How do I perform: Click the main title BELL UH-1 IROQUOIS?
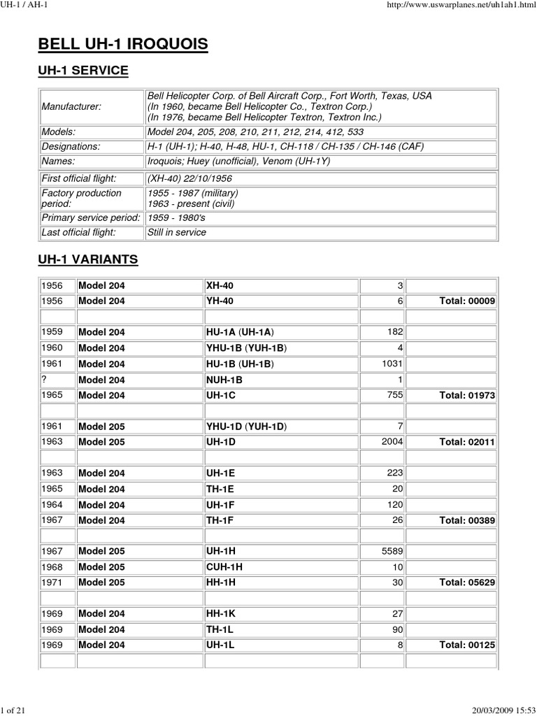coord(123,45)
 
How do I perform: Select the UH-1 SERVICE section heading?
coord(83,71)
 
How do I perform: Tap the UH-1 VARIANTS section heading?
coord(87,260)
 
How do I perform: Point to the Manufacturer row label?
coord(71,106)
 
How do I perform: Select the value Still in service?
coord(176,232)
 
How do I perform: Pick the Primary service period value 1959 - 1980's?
coord(176,218)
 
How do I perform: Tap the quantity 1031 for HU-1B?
coord(391,364)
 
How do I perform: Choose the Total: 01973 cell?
coord(466,395)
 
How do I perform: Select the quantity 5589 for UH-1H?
coord(391,551)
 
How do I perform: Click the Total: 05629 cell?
coord(466,582)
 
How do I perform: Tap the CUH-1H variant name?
coord(224,566)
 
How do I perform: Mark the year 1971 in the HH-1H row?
coord(52,582)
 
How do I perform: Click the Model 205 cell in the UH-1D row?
coord(102,442)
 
